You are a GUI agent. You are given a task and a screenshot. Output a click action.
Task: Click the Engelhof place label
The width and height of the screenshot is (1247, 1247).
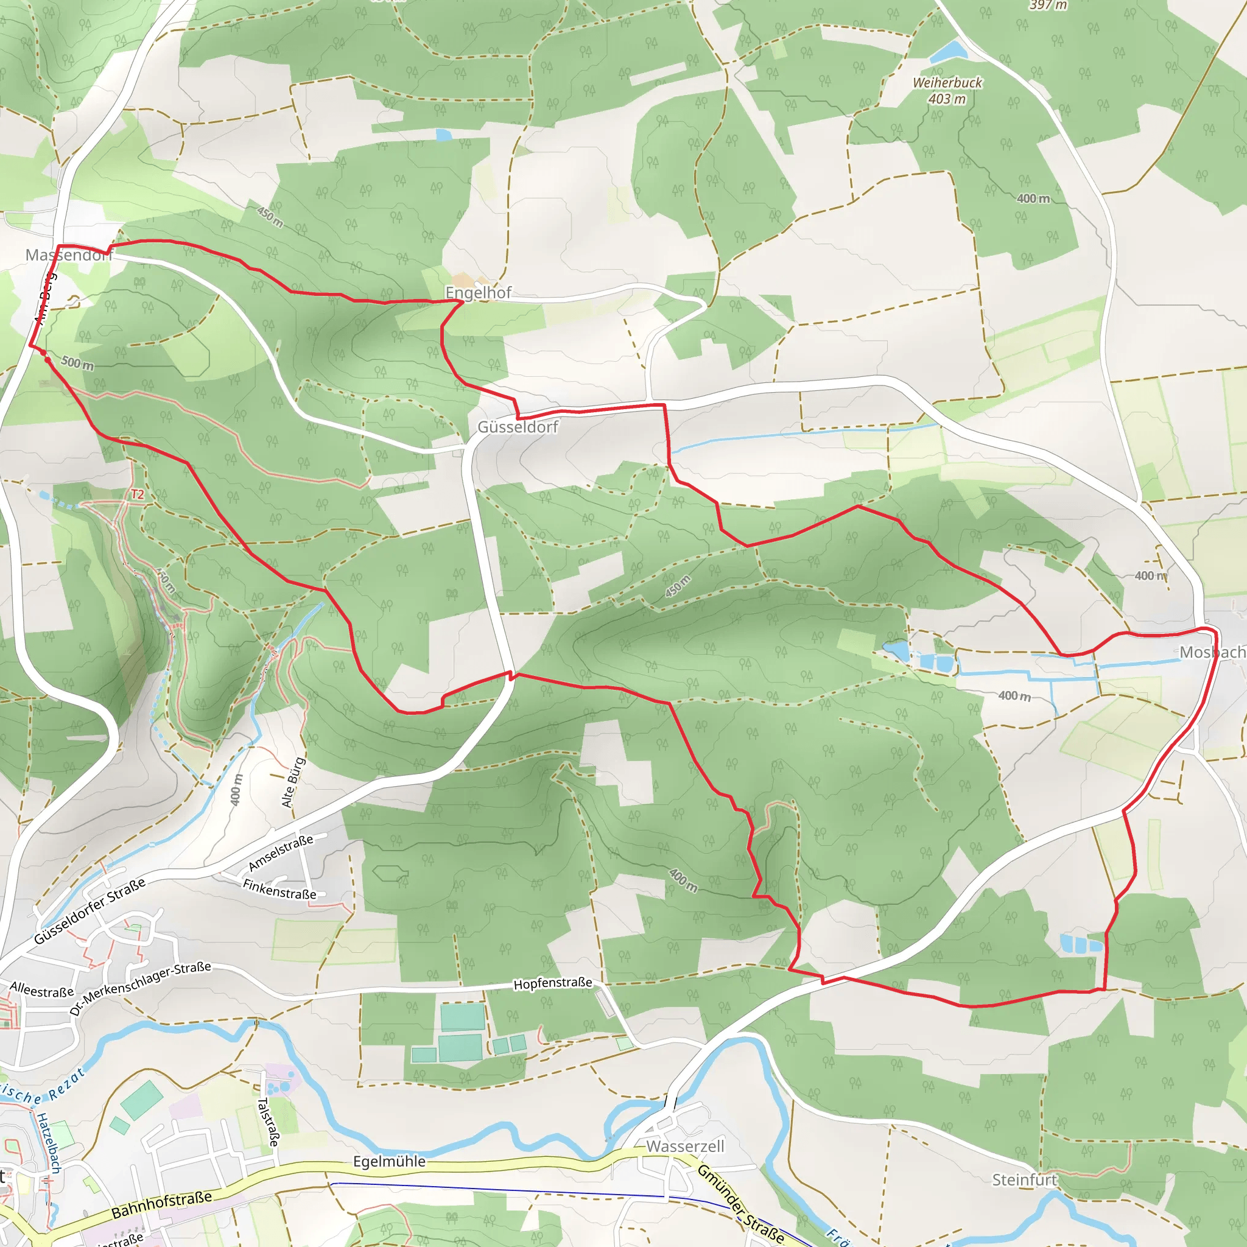point(478,293)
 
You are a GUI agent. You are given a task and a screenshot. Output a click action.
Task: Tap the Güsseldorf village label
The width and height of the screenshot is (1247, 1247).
point(518,427)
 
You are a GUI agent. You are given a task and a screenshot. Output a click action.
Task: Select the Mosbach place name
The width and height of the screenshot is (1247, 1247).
point(1212,653)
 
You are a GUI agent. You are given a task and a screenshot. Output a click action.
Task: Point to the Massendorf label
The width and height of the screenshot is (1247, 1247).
point(68,256)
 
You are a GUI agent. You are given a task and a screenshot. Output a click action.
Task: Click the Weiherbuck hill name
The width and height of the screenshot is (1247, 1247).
point(947,83)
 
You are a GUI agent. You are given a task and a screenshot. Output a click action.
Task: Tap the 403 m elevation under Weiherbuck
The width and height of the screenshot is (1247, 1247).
point(947,99)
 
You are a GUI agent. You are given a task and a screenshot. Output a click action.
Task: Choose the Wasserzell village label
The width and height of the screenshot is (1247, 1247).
point(685,1147)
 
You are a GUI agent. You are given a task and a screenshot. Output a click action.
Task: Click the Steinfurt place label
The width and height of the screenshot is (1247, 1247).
point(1024,1180)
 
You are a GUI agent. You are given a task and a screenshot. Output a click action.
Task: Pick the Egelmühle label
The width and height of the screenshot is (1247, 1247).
point(389,1161)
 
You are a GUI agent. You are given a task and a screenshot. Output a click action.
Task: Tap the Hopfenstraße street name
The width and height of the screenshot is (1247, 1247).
point(552,984)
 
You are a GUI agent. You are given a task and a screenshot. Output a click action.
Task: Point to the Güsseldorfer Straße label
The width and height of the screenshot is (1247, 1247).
point(90,912)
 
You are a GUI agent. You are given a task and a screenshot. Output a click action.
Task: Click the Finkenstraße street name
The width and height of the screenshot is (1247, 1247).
point(279,890)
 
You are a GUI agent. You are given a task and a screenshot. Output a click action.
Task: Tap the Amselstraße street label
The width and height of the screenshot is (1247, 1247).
point(281,852)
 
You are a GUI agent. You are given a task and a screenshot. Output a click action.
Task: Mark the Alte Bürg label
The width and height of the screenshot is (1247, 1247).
point(293,782)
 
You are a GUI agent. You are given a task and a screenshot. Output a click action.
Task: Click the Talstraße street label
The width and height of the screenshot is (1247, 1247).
point(268,1122)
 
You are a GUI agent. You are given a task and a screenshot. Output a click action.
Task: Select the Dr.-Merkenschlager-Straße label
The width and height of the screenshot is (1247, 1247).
point(140,988)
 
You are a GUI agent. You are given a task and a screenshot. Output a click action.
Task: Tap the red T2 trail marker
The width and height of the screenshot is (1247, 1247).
point(138,494)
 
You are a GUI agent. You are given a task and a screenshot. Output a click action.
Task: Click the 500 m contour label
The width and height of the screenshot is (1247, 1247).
point(77,364)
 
